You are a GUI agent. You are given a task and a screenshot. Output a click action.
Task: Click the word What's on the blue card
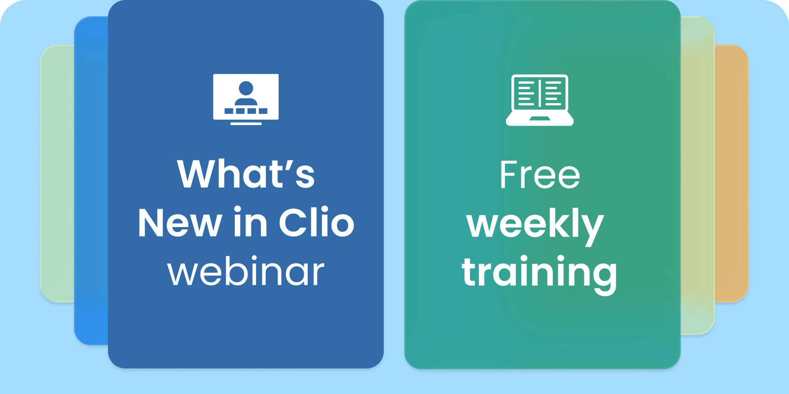pyautogui.click(x=246, y=174)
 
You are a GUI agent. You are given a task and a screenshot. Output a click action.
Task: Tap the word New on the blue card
pyautogui.click(x=180, y=223)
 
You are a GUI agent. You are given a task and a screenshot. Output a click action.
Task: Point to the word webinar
pyautogui.click(x=246, y=270)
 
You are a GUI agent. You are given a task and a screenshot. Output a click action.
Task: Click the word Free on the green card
pyautogui.click(x=539, y=175)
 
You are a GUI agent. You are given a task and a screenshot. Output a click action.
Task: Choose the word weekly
pyautogui.click(x=535, y=226)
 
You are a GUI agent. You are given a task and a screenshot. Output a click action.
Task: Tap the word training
pyautogui.click(x=539, y=274)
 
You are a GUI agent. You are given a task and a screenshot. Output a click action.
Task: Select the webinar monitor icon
pyautogui.click(x=246, y=99)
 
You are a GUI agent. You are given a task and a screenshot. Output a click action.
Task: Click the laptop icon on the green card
pyautogui.click(x=539, y=100)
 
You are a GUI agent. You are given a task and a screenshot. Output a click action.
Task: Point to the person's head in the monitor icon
pyautogui.click(x=246, y=88)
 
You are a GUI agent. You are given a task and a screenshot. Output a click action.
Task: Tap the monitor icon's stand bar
pyautogui.click(x=246, y=124)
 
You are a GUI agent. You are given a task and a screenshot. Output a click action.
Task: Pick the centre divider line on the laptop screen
pyautogui.click(x=539, y=93)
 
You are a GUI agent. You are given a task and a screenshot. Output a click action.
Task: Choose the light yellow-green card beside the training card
pyautogui.click(x=697, y=175)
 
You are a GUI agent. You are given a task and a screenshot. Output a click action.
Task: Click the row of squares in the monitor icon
pyautogui.click(x=246, y=111)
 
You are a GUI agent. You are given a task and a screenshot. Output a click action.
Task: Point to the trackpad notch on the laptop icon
pyautogui.click(x=539, y=118)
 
